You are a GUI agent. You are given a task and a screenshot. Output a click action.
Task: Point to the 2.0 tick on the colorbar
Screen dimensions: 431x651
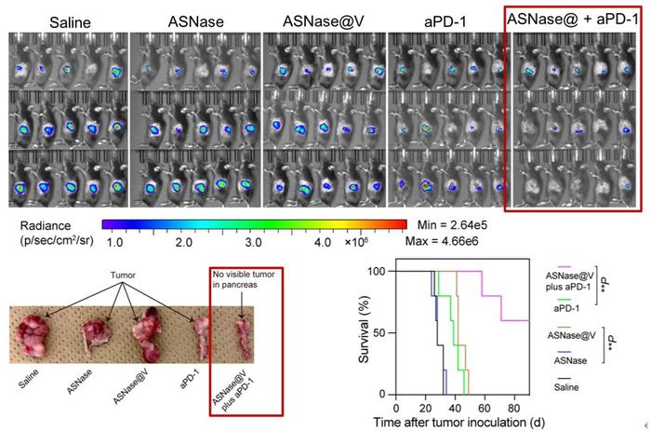point(183,241)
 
